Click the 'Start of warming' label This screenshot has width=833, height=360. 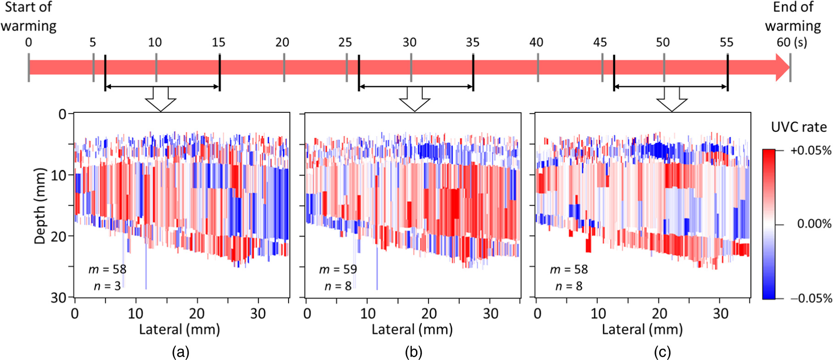tap(28, 17)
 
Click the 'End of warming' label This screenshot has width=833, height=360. tap(793, 17)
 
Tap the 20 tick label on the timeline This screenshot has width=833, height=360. tap(282, 43)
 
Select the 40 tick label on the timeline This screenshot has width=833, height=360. tap(536, 43)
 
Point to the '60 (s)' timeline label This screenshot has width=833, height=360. tap(792, 43)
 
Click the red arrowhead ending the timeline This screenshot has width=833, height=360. tap(783, 67)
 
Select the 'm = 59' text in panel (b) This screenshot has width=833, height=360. tap(338, 270)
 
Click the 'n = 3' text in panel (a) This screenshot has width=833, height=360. tap(107, 286)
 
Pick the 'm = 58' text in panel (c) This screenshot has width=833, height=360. tap(569, 270)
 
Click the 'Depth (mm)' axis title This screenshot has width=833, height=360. tap(40, 206)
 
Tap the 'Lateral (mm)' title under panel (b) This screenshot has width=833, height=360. tap(412, 329)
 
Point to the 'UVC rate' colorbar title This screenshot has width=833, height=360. tap(799, 127)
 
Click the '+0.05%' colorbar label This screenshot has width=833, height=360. tap(811, 150)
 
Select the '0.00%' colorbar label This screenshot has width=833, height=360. tap(814, 224)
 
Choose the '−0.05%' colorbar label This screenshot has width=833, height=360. tap(811, 299)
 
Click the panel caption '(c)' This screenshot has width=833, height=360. tap(662, 352)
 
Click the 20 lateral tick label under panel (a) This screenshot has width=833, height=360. tap(197, 314)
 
